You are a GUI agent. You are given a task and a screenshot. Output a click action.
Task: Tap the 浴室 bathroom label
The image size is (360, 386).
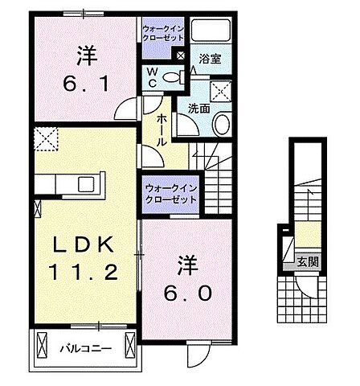click(x=211, y=58)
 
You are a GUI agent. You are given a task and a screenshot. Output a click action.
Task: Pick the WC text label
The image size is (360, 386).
click(x=151, y=77)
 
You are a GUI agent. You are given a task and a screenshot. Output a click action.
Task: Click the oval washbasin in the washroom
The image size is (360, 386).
click(x=221, y=123)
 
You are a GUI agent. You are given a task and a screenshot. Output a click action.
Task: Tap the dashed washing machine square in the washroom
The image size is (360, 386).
click(x=221, y=89)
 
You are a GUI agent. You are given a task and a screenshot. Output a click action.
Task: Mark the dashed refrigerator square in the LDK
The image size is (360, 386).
click(x=45, y=139)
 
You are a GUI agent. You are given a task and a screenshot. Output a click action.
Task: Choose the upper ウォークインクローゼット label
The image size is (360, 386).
click(x=165, y=34)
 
